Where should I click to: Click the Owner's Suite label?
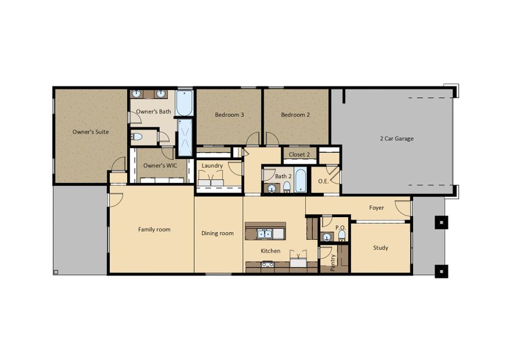pyautogui.click(x=91, y=132)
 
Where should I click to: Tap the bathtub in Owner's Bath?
pyautogui.click(x=185, y=103)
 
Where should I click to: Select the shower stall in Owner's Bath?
pyautogui.click(x=185, y=138)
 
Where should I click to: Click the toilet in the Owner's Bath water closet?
pyautogui.click(x=137, y=137)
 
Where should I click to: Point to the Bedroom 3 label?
pyautogui.click(x=229, y=115)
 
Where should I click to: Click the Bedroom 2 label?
pyautogui.click(x=296, y=115)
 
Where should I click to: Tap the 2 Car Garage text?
pyautogui.click(x=397, y=139)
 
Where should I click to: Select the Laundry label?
pyautogui.click(x=212, y=166)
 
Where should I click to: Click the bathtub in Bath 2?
pyautogui.click(x=300, y=179)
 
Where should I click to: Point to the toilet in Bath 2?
pyautogui.click(x=287, y=187)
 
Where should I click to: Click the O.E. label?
pyautogui.click(x=323, y=181)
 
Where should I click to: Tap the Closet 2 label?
pyautogui.click(x=299, y=155)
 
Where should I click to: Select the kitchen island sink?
pyautogui.click(x=264, y=233)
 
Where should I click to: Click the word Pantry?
pyautogui.click(x=333, y=263)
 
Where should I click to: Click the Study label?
pyautogui.click(x=381, y=248)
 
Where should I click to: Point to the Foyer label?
pyautogui.click(x=377, y=208)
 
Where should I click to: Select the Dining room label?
pyautogui.click(x=218, y=233)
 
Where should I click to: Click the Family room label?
pyautogui.click(x=154, y=229)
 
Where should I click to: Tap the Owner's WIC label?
pyautogui.click(x=160, y=166)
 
